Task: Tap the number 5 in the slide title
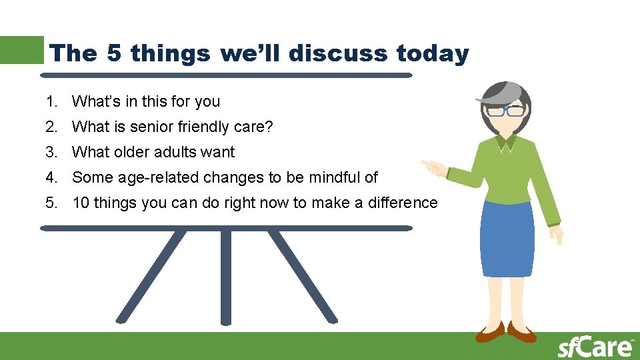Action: coord(113,53)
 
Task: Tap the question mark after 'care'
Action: coord(270,127)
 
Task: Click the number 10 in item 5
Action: coord(81,203)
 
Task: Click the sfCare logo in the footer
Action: coord(595,347)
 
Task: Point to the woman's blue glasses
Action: coord(505,111)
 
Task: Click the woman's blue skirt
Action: coord(507,237)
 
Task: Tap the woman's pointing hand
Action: coord(433,166)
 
